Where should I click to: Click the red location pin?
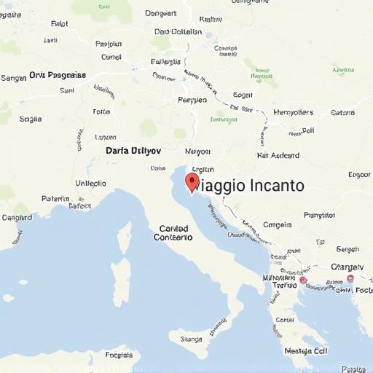pyautogui.click(x=192, y=181)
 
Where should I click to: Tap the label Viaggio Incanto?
pyautogui.click(x=248, y=185)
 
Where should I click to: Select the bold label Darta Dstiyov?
pyautogui.click(x=133, y=150)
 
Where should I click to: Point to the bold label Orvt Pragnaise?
pyautogui.click(x=58, y=75)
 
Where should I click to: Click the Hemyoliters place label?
pyautogui.click(x=293, y=112)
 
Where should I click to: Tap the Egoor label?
pyautogui.click(x=359, y=175)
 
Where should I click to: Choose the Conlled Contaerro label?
pyautogui.click(x=175, y=232)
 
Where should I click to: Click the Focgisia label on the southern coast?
pyautogui.click(x=119, y=356)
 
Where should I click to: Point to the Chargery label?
pyautogui.click(x=347, y=267)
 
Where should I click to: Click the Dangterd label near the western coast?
pyautogui.click(x=17, y=217)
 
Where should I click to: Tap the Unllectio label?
pyautogui.click(x=90, y=184)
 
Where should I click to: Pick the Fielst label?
pyautogui.click(x=60, y=23)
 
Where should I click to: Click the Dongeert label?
pyautogui.click(x=161, y=13)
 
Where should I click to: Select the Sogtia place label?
pyautogui.click(x=31, y=119)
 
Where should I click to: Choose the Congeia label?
pyautogui.click(x=277, y=225)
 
